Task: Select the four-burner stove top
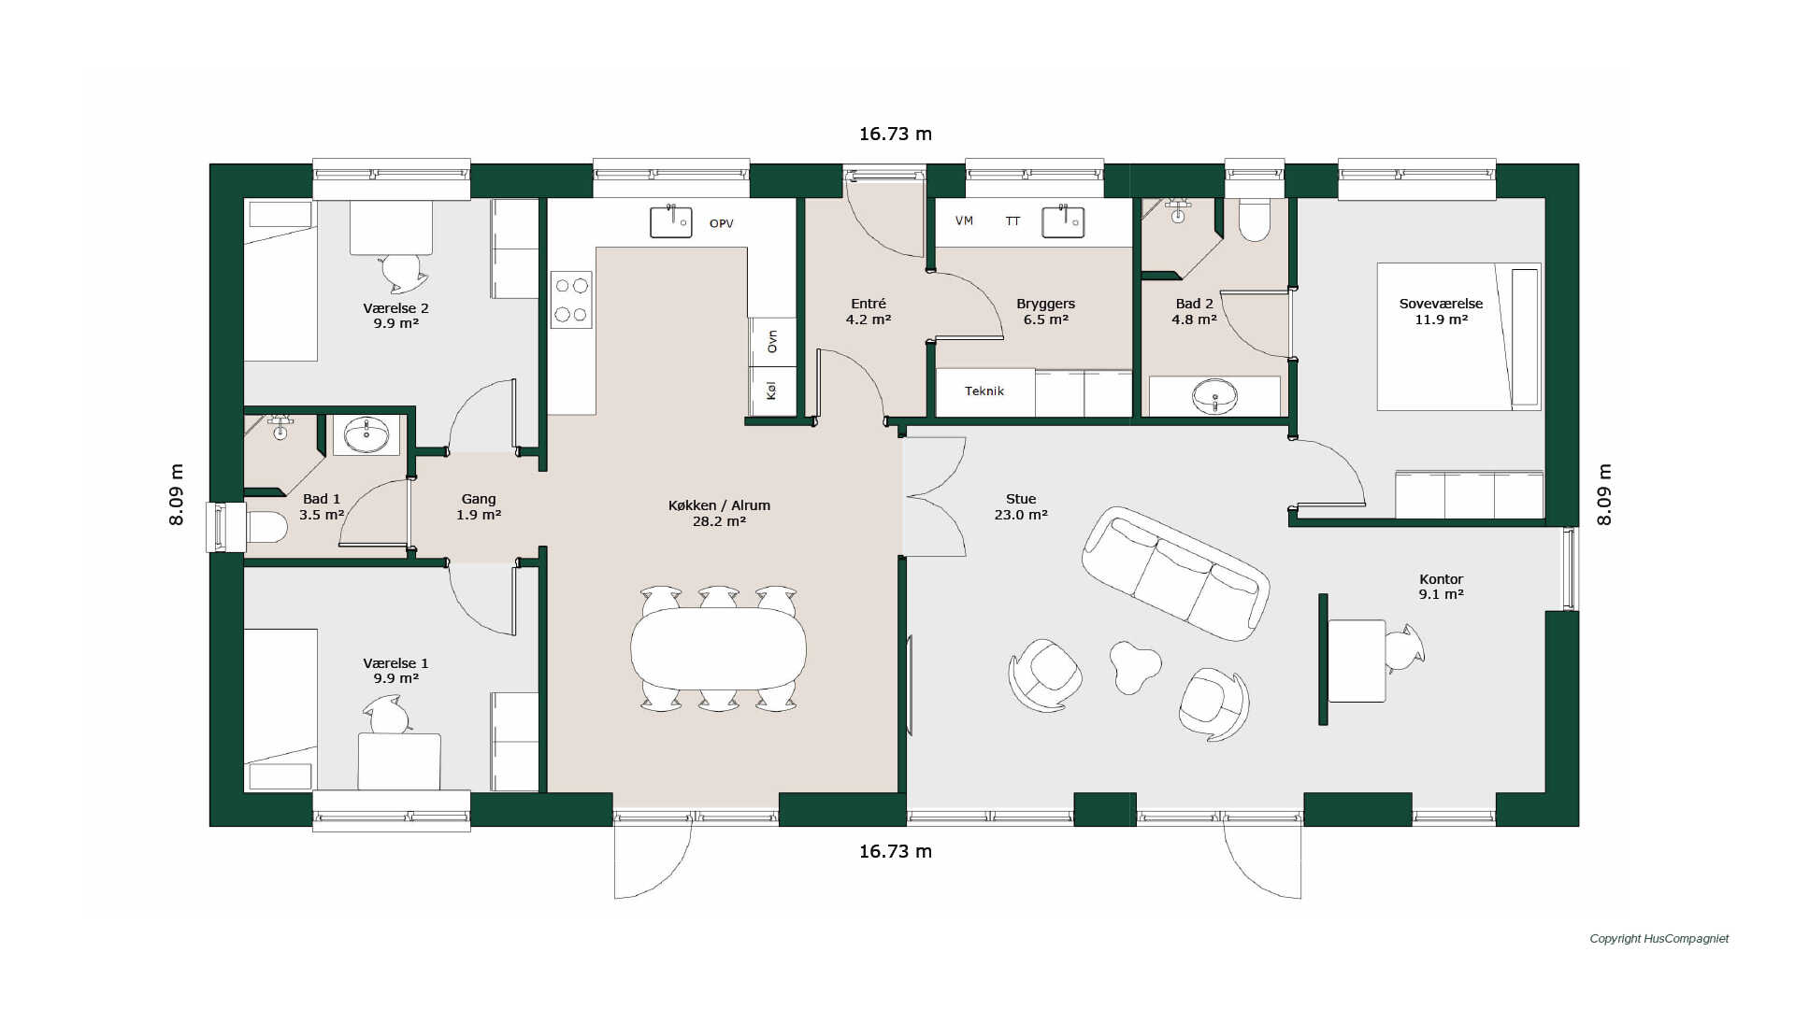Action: (571, 300)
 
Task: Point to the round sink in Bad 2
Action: (1214, 396)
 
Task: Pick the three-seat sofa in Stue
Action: (1175, 574)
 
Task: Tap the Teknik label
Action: (984, 391)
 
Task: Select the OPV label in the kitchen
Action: (722, 223)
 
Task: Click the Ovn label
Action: (772, 342)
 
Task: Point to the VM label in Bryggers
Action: (964, 220)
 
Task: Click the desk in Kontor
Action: (1357, 661)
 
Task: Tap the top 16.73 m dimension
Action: (896, 134)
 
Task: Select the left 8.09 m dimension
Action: (177, 495)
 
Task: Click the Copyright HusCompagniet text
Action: (1659, 939)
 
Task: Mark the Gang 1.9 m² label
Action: (479, 507)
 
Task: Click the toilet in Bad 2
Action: (1255, 220)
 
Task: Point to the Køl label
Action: (771, 391)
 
